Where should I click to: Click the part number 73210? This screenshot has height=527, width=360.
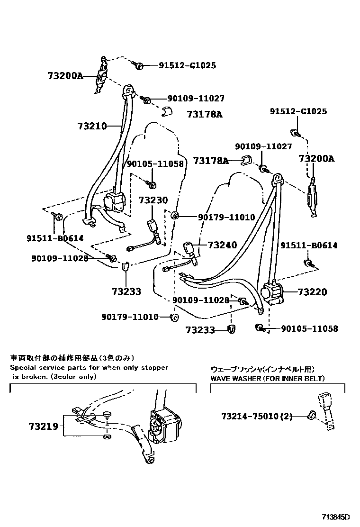(91, 126)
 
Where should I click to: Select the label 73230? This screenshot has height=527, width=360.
(153, 200)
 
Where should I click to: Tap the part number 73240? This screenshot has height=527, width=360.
(222, 245)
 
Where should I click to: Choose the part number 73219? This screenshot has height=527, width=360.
(43, 426)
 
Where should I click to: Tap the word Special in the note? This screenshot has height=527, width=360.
(23, 368)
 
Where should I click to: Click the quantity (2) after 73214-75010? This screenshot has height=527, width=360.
(286, 417)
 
